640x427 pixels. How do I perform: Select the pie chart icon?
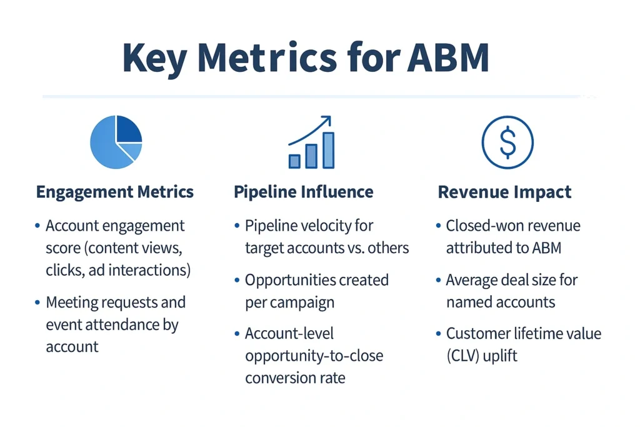click(x=116, y=142)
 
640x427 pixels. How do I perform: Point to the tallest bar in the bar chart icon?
click(x=328, y=150)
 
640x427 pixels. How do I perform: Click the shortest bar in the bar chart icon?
click(x=294, y=161)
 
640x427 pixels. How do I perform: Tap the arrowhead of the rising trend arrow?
click(x=326, y=120)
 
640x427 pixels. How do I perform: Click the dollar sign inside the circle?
click(x=507, y=143)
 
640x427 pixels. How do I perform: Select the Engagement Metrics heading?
click(x=115, y=192)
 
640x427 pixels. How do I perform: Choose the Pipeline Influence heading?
click(x=304, y=192)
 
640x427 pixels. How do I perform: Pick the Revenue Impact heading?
click(x=504, y=192)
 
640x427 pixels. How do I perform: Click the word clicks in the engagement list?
click(x=64, y=271)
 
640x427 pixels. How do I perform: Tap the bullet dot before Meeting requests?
click(x=38, y=303)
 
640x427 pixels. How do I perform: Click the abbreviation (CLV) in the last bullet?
click(x=462, y=356)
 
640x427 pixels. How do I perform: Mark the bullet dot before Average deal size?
click(x=438, y=281)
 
